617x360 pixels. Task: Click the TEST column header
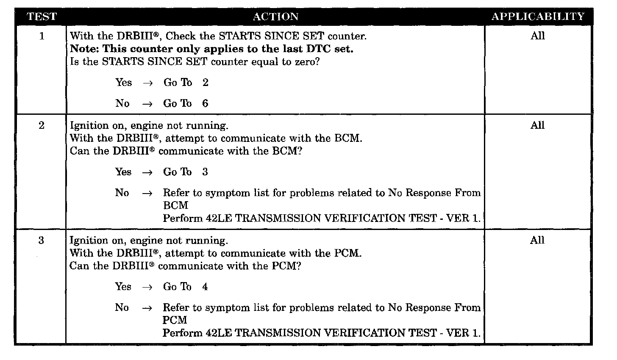pos(42,17)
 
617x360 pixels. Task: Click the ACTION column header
pos(275,17)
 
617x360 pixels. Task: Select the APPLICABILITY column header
pos(538,17)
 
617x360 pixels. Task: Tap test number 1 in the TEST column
pos(42,36)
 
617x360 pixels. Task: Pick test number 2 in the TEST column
pos(42,125)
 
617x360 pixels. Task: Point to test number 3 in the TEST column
pos(41,240)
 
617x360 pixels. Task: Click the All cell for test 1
pos(537,36)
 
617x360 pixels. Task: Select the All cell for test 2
pos(537,125)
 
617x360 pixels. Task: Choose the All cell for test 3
pos(537,240)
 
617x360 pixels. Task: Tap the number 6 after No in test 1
pos(205,103)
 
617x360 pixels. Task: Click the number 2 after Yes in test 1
pos(206,83)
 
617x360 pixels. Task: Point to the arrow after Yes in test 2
pos(147,172)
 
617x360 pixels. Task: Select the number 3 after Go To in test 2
pos(205,172)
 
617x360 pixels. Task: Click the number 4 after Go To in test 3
pos(205,287)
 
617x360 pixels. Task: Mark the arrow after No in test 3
pos(147,308)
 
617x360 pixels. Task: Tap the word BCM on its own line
pos(175,205)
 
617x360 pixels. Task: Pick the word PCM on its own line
pos(175,320)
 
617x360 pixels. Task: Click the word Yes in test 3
pos(123,287)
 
